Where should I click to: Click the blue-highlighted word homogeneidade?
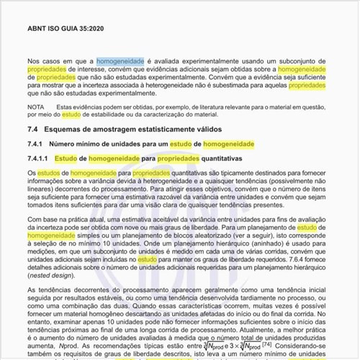(120, 61)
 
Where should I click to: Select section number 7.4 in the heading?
(32, 129)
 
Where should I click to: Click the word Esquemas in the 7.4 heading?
(71, 129)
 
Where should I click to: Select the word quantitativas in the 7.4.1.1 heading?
(222, 158)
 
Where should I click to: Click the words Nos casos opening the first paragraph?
(42, 61)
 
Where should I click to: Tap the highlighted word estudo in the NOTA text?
(71, 114)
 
